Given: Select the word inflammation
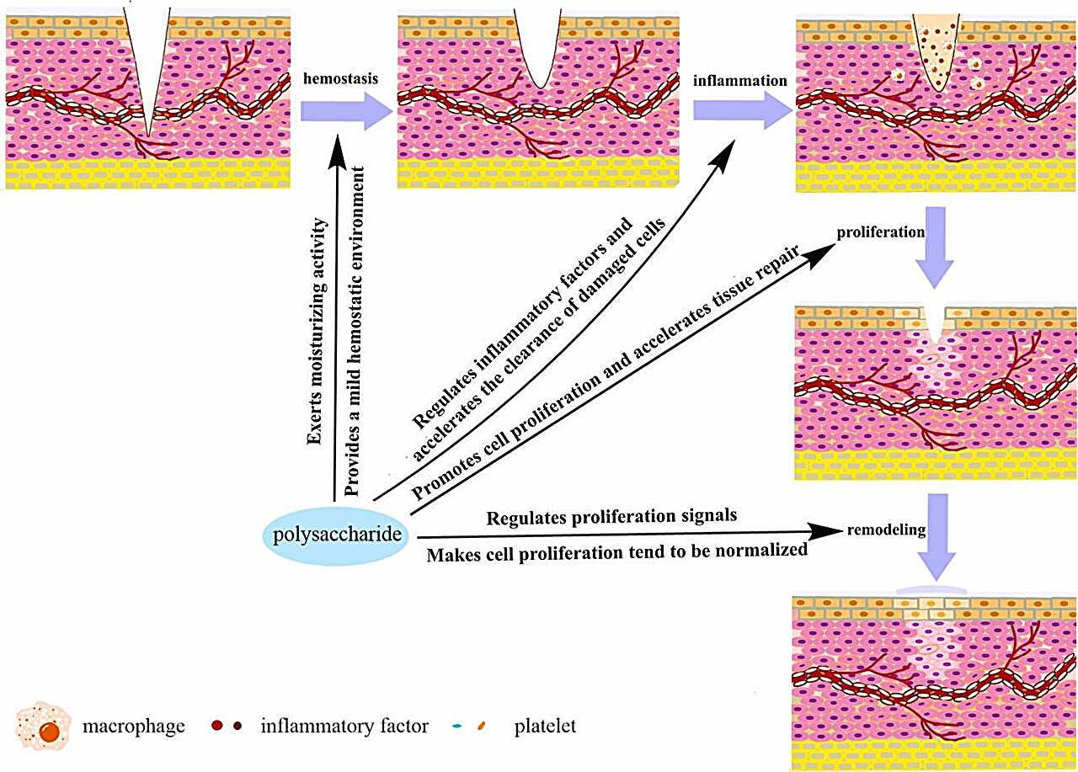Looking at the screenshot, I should click(x=740, y=82).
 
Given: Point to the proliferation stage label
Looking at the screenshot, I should click(x=880, y=231).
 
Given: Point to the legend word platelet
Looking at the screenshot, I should click(x=544, y=725).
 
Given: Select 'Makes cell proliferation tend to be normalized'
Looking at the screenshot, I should click(x=617, y=552).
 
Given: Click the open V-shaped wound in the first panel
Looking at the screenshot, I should click(x=147, y=51).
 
